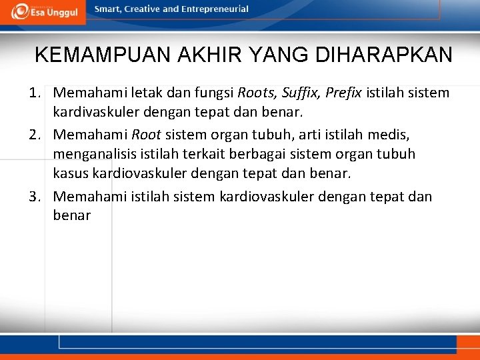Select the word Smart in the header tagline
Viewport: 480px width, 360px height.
tap(109, 9)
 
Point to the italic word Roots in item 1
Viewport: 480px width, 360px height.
tap(256, 93)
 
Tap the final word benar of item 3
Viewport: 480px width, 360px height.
tap(71, 215)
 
